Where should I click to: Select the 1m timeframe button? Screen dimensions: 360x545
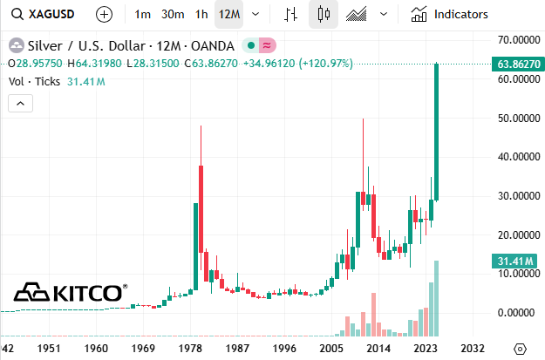143,14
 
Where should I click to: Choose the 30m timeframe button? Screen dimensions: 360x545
172,14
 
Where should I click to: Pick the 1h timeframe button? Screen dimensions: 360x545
201,14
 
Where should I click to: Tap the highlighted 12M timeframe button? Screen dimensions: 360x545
230,14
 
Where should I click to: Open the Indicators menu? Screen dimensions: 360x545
450,14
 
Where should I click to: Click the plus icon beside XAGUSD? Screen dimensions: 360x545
104,14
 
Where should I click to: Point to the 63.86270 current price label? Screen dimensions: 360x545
514,64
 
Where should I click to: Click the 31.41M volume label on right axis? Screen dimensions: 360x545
514,260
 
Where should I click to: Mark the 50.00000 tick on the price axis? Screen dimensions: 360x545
514,118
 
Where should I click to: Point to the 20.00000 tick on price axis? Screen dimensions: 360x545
514,234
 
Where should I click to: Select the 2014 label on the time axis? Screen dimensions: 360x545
378,348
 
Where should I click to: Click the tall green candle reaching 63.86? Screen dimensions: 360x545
435,131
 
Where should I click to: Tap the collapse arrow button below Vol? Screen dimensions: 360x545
20,103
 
